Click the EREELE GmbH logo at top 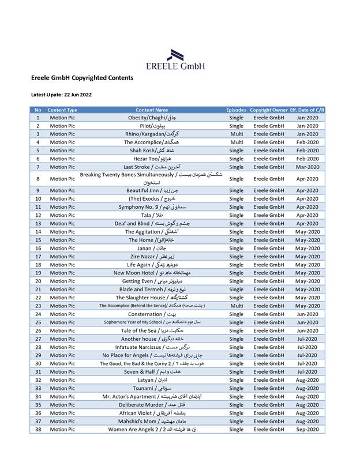(x=185, y=59)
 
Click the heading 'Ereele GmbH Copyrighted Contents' (x=82, y=77)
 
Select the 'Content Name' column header (x=152, y=110)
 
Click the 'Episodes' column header (x=237, y=110)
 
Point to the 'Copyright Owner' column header (x=268, y=110)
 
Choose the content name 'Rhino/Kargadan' (x=152, y=134)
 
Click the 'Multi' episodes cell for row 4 (x=237, y=142)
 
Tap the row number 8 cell (x=37, y=179)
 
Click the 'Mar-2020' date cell (x=307, y=167)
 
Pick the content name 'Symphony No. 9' (x=152, y=206)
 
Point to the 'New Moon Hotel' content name (x=152, y=273)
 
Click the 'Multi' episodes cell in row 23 (x=237, y=306)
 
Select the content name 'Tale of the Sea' (x=152, y=330)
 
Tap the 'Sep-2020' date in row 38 (x=307, y=430)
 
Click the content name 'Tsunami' (x=152, y=388)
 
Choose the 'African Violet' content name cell (x=152, y=413)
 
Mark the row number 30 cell (x=37, y=363)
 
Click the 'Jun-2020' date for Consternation (x=307, y=314)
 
